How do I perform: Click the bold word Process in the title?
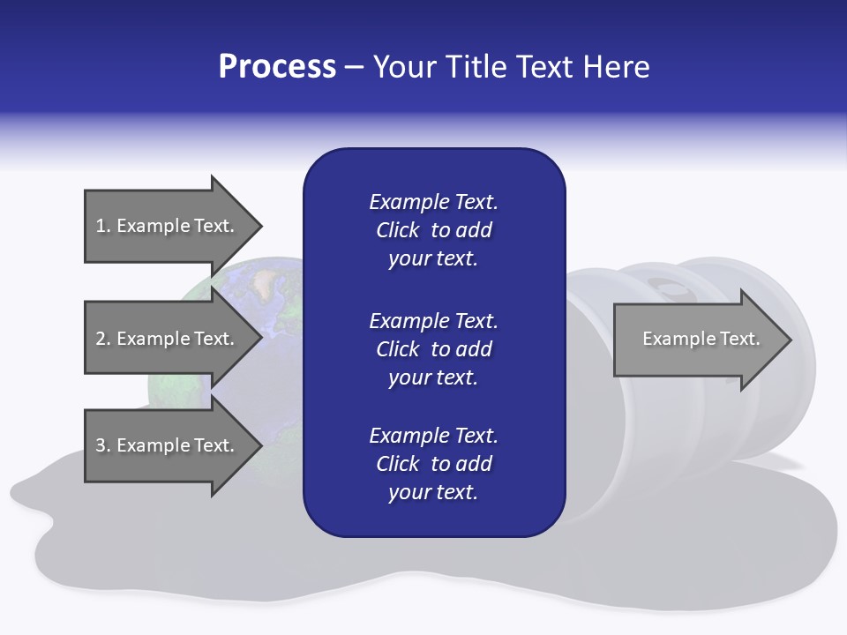pyautogui.click(x=277, y=67)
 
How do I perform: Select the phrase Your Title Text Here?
pyautogui.click(x=511, y=67)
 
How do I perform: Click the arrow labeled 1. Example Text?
pyautogui.click(x=165, y=226)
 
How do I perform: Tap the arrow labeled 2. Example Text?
pyautogui.click(x=165, y=339)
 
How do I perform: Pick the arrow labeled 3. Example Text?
pyautogui.click(x=165, y=445)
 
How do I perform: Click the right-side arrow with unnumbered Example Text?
pyautogui.click(x=701, y=339)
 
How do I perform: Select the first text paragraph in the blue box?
pyautogui.click(x=433, y=230)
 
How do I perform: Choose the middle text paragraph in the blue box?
pyautogui.click(x=433, y=349)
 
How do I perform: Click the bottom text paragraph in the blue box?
pyautogui.click(x=433, y=464)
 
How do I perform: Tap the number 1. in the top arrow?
pyautogui.click(x=103, y=226)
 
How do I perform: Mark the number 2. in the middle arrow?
pyautogui.click(x=103, y=339)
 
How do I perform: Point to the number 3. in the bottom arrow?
pyautogui.click(x=103, y=445)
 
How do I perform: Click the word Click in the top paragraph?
pyautogui.click(x=398, y=230)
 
